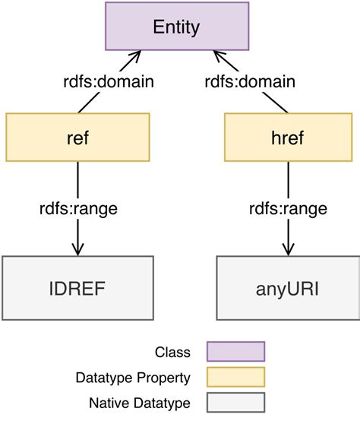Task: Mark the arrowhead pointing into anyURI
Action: [287, 249]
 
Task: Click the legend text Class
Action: [172, 352]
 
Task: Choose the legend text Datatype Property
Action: [132, 377]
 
